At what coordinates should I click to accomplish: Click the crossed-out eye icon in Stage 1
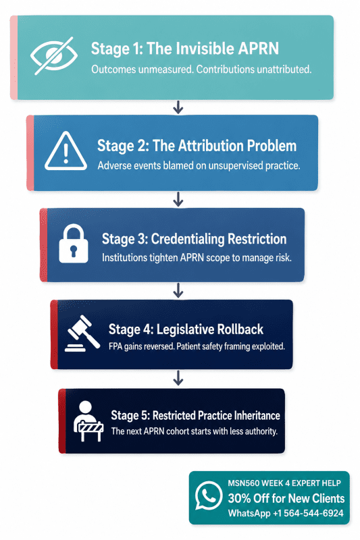pyautogui.click(x=54, y=55)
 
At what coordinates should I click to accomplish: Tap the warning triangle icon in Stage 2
pyautogui.click(x=66, y=151)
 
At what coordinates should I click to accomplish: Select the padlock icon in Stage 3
pyautogui.click(x=74, y=244)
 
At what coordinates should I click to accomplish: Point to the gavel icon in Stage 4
pyautogui.click(x=82, y=333)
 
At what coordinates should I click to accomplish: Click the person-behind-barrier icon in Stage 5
pyautogui.click(x=88, y=421)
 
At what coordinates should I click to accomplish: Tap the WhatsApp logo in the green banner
pyautogui.click(x=209, y=495)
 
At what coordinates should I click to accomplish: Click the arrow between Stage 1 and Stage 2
pyautogui.click(x=178, y=107)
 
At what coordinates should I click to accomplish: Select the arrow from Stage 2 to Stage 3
pyautogui.click(x=178, y=199)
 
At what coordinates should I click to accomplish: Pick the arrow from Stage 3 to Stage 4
pyautogui.click(x=178, y=290)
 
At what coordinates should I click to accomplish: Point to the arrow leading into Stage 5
pyautogui.click(x=178, y=378)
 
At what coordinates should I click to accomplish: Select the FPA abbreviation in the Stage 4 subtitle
pyautogui.click(x=115, y=346)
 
